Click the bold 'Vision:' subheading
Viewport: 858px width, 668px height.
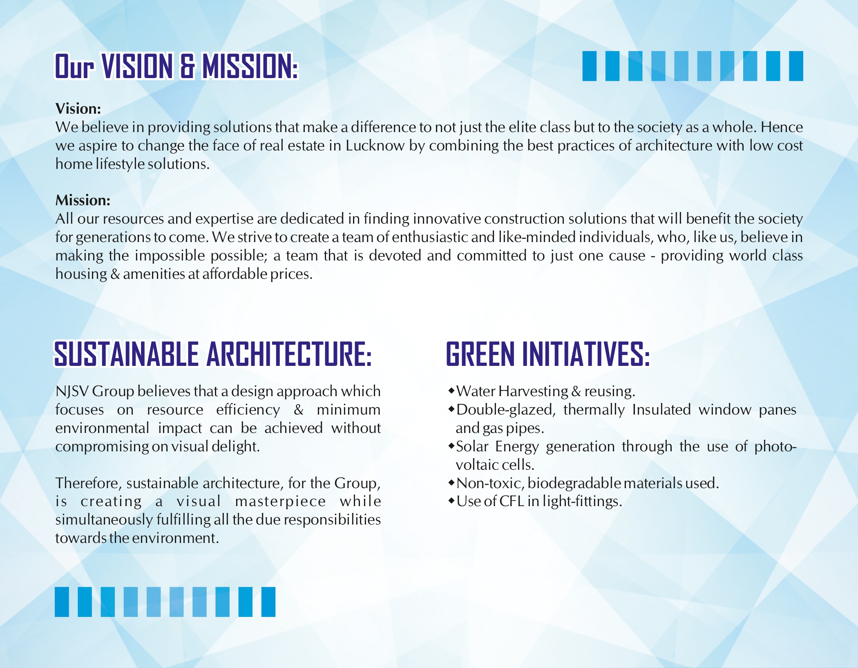pos(78,109)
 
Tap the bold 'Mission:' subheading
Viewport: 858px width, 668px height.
pos(83,200)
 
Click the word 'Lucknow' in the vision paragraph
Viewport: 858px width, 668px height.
pos(375,146)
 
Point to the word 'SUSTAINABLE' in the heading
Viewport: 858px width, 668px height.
pos(126,354)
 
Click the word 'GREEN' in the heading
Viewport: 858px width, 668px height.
pos(480,354)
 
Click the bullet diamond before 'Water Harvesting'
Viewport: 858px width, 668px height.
pos(451,391)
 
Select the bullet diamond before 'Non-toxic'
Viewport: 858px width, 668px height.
pos(451,483)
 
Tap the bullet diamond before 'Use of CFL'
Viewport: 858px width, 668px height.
pos(451,501)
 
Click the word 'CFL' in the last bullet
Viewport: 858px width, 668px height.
pos(512,501)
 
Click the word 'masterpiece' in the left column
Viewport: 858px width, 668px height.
pos(281,502)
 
